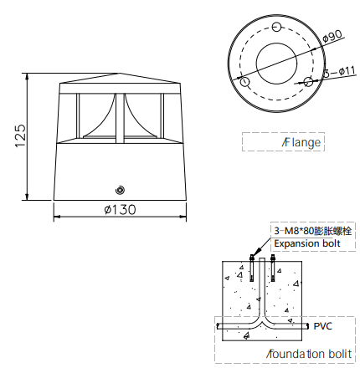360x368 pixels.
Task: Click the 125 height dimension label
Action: click(21, 135)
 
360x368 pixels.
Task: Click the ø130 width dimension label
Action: click(121, 210)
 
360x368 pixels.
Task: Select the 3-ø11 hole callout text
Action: click(340, 72)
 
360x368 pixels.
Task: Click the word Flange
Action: click(301, 142)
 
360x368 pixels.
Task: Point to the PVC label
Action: click(323, 326)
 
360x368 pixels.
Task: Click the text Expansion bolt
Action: click(307, 243)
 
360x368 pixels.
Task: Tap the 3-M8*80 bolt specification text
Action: click(312, 231)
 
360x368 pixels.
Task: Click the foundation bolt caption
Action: click(309, 354)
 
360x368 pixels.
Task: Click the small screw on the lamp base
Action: click(120, 190)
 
